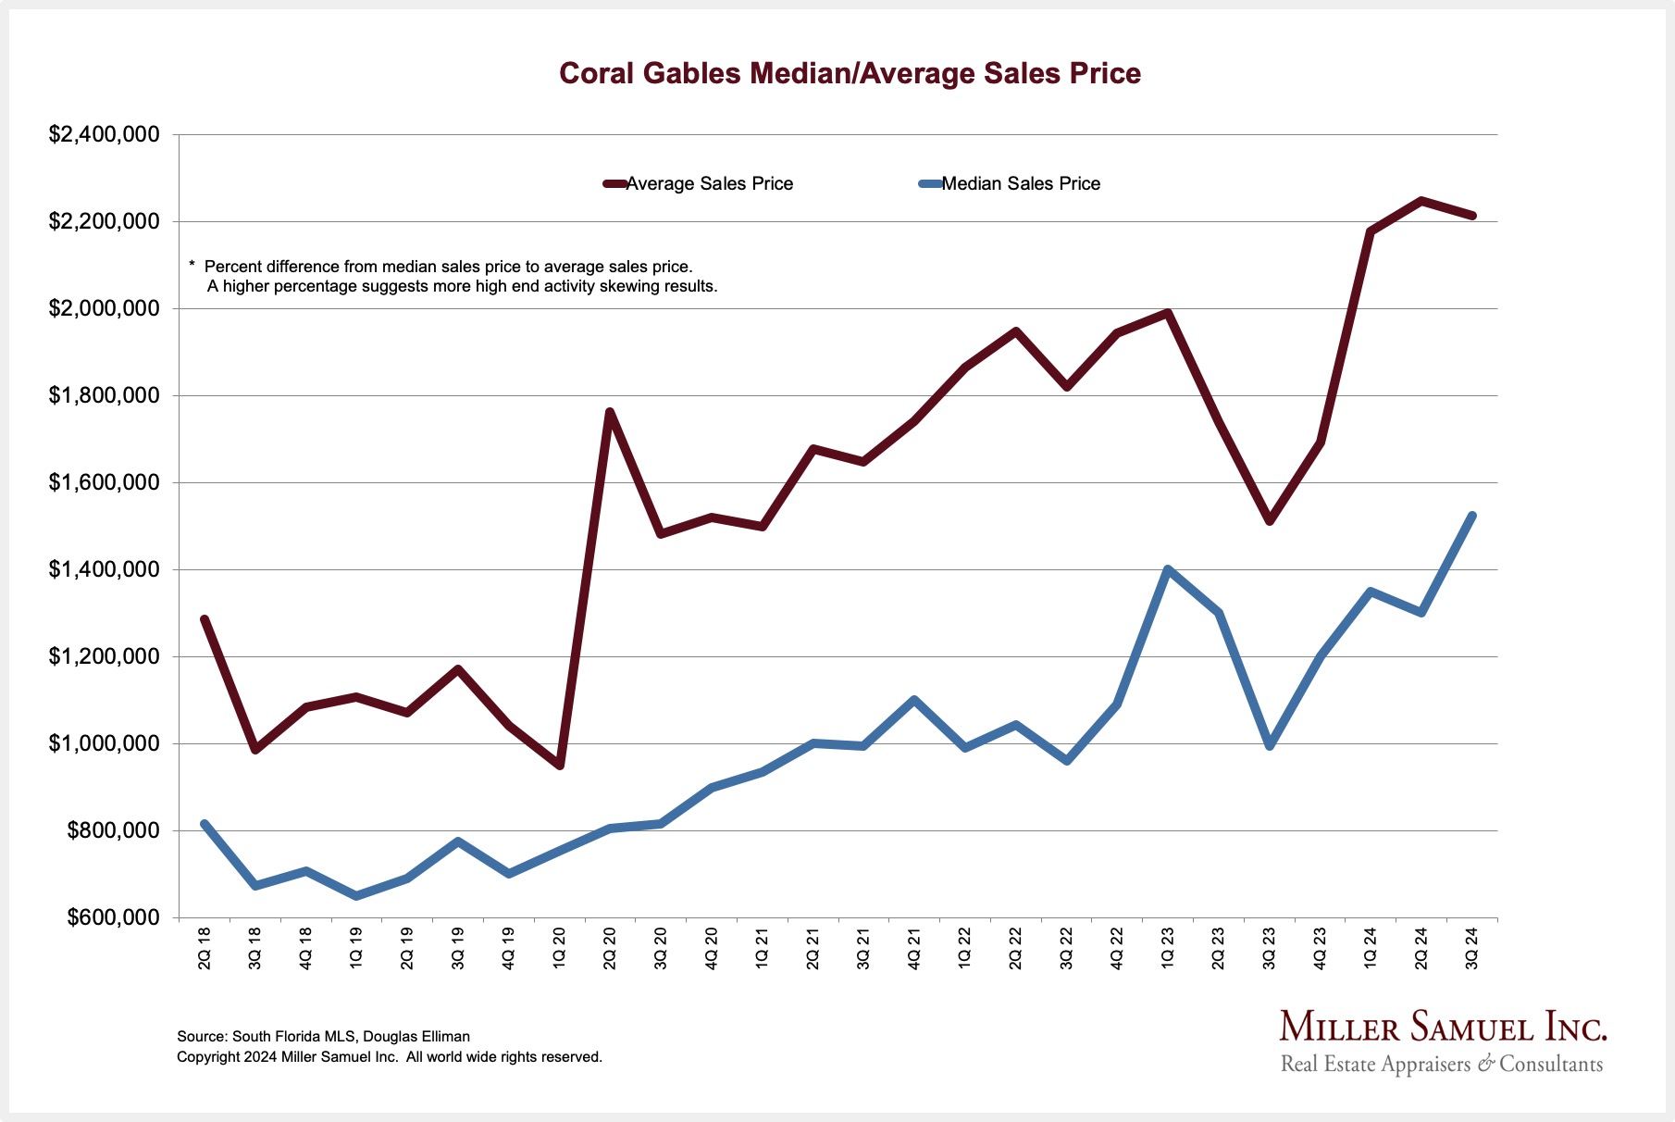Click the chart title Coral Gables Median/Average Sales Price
point(850,73)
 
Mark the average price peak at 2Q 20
point(610,412)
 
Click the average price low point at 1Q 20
point(560,765)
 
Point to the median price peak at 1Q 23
point(1168,569)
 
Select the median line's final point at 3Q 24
point(1471,516)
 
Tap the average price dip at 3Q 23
point(1270,521)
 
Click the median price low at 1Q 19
point(356,895)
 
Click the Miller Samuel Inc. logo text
point(1443,1028)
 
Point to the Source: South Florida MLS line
point(324,1037)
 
